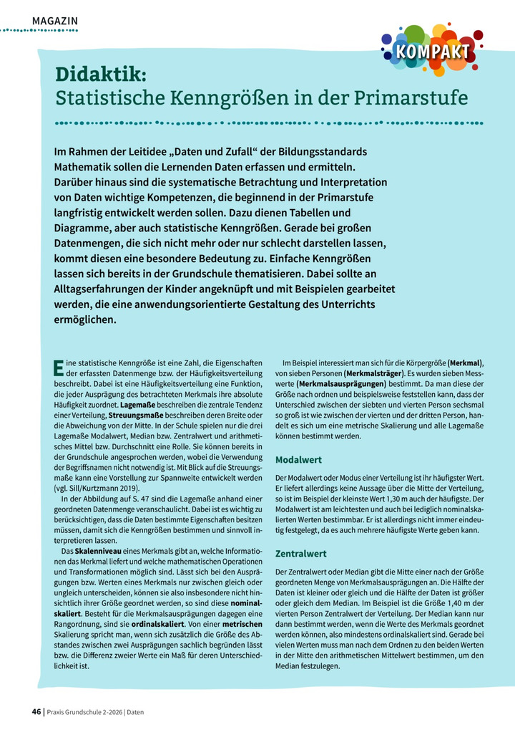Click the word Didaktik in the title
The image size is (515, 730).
(101, 74)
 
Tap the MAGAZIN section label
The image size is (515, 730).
(55, 21)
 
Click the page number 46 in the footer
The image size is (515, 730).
(36, 711)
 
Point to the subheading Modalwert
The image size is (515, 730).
(298, 459)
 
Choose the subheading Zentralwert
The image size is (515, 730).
(300, 554)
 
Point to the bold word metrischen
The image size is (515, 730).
(242, 624)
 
